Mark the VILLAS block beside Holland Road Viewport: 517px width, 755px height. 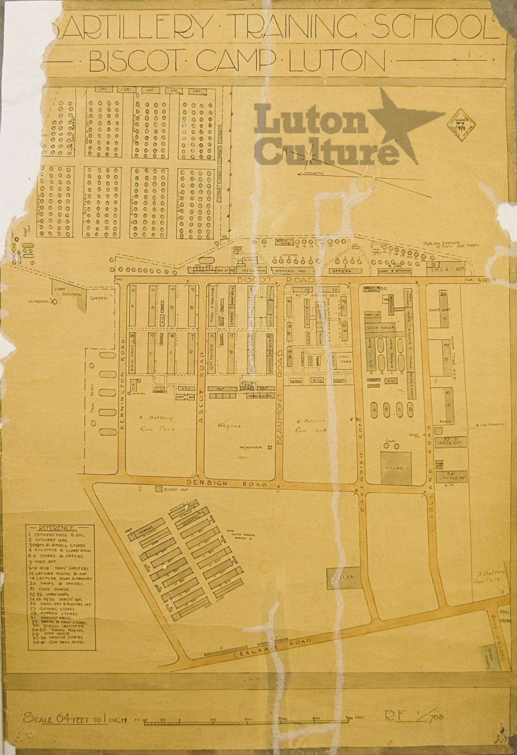(x=395, y=467)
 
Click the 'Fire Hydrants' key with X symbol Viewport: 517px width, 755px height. (x=491, y=425)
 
